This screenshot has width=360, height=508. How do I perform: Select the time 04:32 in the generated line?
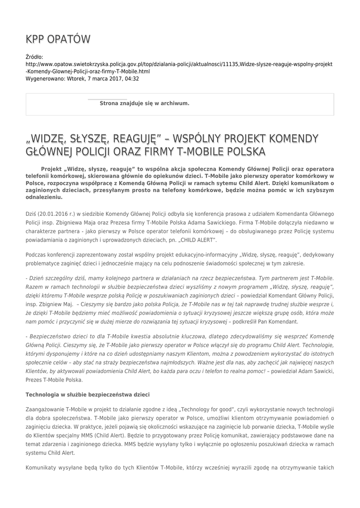(x=131, y=78)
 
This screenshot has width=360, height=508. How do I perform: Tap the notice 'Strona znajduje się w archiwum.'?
(x=144, y=104)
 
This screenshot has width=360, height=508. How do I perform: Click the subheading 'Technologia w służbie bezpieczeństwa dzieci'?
(x=87, y=394)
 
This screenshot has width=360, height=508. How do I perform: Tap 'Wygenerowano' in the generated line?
(x=45, y=78)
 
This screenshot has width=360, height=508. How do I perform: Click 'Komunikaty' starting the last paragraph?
(x=42, y=468)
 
